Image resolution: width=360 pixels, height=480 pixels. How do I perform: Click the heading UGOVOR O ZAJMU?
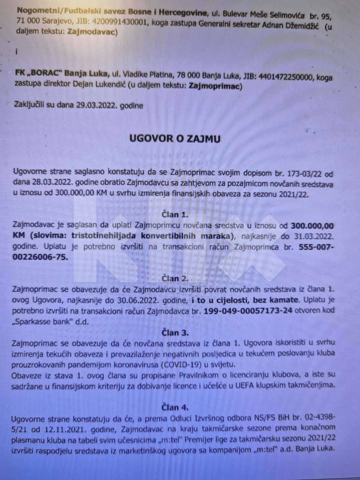point(175,139)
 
